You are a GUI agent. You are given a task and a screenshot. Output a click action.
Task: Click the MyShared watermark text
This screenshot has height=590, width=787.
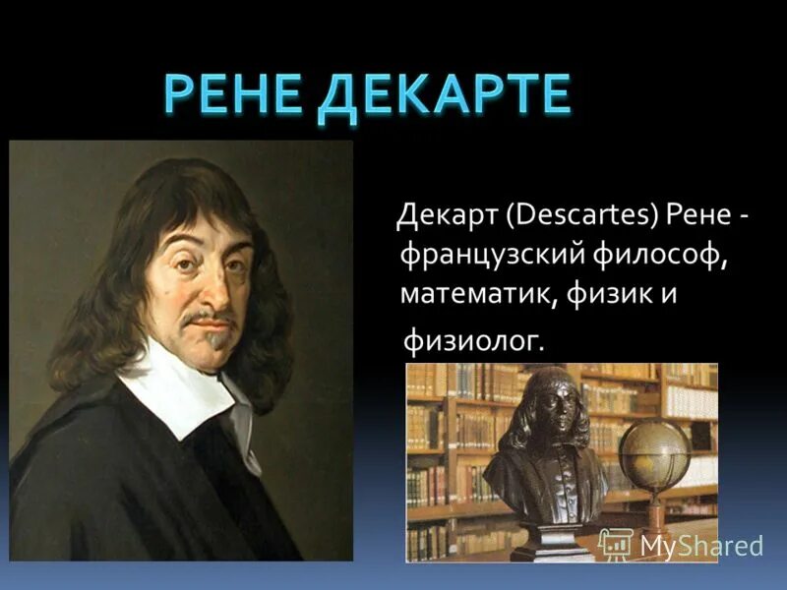coord(701,546)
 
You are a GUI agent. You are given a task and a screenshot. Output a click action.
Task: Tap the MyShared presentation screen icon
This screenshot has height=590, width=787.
coord(615,544)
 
